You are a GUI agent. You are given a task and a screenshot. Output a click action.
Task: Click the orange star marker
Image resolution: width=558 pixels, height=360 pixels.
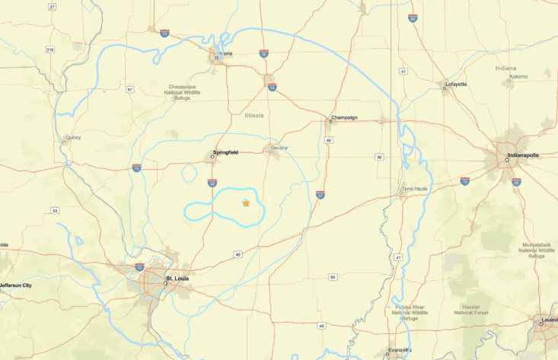245,203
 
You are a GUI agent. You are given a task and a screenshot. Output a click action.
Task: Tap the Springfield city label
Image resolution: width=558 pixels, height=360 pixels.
226,152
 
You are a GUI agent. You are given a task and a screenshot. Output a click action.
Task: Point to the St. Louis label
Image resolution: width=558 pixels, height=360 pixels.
177,279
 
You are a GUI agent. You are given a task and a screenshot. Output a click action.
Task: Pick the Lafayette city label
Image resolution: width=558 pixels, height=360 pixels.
457,84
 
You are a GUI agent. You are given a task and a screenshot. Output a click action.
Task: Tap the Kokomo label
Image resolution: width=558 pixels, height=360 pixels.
518,76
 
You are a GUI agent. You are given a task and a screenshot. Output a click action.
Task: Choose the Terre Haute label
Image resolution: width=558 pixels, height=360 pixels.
414,188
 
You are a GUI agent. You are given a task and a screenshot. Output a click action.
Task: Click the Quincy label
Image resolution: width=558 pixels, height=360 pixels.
73,137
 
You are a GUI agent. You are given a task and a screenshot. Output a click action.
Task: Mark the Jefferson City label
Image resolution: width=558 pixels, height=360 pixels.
15,285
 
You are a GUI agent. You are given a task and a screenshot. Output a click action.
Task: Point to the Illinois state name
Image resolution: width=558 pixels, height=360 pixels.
254,115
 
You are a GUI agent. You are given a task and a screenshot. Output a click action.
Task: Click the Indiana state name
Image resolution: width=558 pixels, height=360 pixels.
505,68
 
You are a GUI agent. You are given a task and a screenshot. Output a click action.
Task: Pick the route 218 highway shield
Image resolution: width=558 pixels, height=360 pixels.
50,49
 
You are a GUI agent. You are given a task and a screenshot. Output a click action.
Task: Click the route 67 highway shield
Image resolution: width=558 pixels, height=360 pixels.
130,90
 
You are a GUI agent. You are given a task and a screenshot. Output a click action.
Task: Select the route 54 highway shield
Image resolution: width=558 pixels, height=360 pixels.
55,210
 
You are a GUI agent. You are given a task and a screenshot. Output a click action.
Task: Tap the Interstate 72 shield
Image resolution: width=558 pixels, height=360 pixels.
136,167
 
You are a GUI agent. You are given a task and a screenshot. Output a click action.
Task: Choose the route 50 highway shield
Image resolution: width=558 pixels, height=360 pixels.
333,277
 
